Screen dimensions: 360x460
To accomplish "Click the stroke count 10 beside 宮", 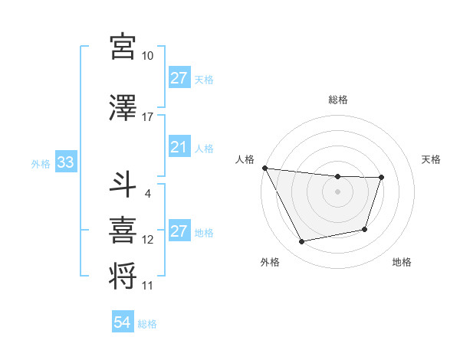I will point(148,56).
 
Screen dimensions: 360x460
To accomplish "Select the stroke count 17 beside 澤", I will point(148,117).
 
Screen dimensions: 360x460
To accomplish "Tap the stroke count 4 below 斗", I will point(147,193).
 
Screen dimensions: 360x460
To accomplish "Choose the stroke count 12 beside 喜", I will point(148,240).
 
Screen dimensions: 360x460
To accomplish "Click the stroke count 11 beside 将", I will point(148,286).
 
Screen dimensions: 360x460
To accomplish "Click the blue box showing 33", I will point(65,163).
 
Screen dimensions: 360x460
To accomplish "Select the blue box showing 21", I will point(179,147).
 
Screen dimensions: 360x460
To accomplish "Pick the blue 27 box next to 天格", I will point(179,78).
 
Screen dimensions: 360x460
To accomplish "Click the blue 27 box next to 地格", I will point(179,231).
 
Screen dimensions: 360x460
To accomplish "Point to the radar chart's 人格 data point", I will point(264,168).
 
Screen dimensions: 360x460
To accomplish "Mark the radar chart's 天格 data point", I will point(381,178).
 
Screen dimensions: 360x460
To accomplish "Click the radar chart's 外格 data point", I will point(302,242).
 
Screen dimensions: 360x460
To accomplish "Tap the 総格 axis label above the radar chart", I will point(337,100).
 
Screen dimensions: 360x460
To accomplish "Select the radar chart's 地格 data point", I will point(365,229).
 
